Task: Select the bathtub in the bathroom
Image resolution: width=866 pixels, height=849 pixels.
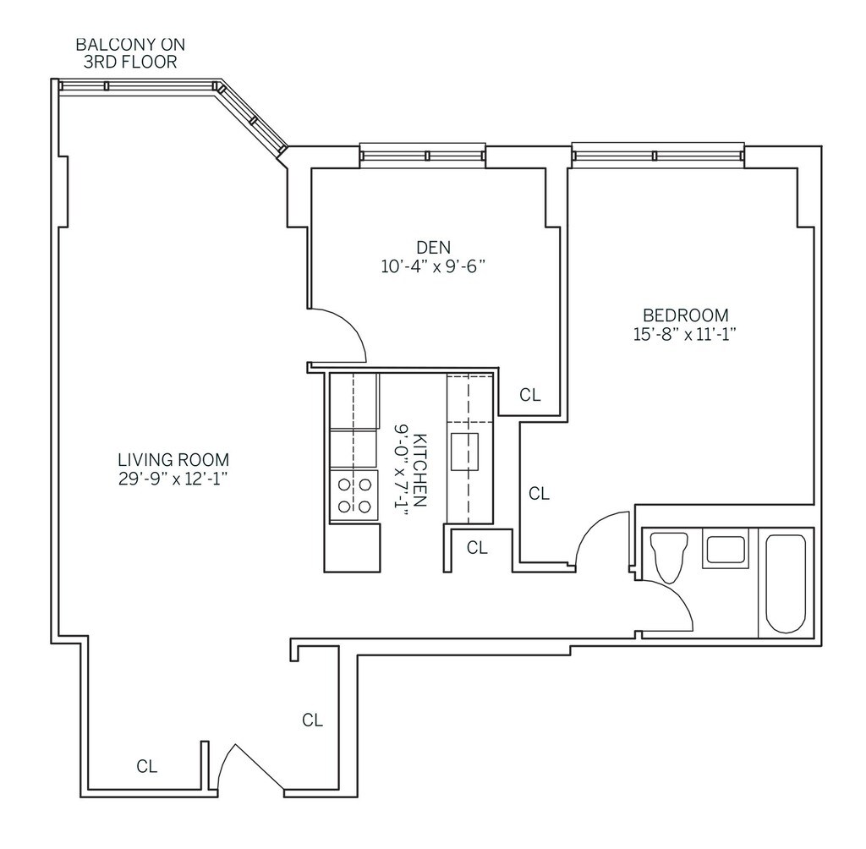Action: pyautogui.click(x=785, y=583)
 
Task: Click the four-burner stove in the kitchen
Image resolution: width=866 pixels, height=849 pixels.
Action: pyautogui.click(x=354, y=495)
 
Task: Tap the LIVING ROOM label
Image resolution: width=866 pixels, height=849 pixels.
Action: pyautogui.click(x=173, y=460)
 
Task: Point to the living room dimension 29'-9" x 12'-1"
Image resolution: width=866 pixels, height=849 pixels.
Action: pyautogui.click(x=173, y=479)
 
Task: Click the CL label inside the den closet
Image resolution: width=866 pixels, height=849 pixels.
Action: pyautogui.click(x=529, y=394)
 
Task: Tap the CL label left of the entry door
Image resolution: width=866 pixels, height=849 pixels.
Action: pyautogui.click(x=147, y=767)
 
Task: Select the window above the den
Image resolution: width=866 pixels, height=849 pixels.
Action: pyautogui.click(x=423, y=155)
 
